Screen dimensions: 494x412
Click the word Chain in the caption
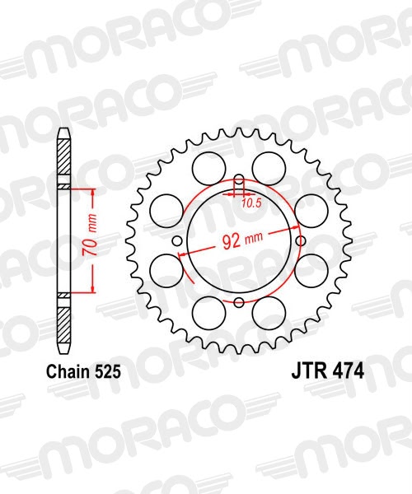point(68,371)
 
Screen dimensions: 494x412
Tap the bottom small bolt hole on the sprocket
point(239,301)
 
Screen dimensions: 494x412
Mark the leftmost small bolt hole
point(179,240)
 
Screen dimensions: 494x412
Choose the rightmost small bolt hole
point(300,240)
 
